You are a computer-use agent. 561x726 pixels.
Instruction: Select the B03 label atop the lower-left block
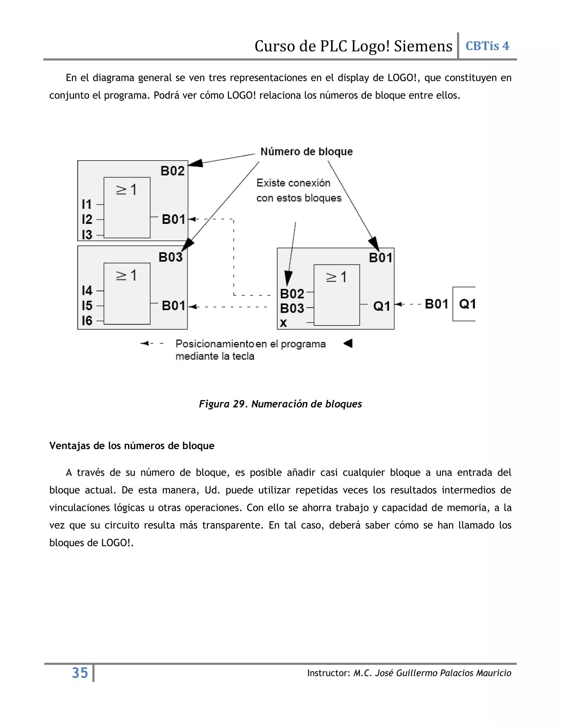170,257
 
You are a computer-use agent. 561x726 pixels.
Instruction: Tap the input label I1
86,204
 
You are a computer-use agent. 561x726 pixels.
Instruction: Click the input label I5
87,305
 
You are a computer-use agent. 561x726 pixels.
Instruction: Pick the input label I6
87,321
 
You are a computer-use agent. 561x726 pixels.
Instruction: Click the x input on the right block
283,323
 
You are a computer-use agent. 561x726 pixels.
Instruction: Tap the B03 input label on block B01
292,308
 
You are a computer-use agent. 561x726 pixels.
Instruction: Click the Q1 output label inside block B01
381,306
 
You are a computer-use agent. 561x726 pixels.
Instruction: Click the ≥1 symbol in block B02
126,190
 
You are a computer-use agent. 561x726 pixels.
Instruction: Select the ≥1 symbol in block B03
126,275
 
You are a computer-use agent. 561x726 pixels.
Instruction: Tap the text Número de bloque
306,152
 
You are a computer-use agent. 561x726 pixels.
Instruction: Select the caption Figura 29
221,404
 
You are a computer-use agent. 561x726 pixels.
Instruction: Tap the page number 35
80,673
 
